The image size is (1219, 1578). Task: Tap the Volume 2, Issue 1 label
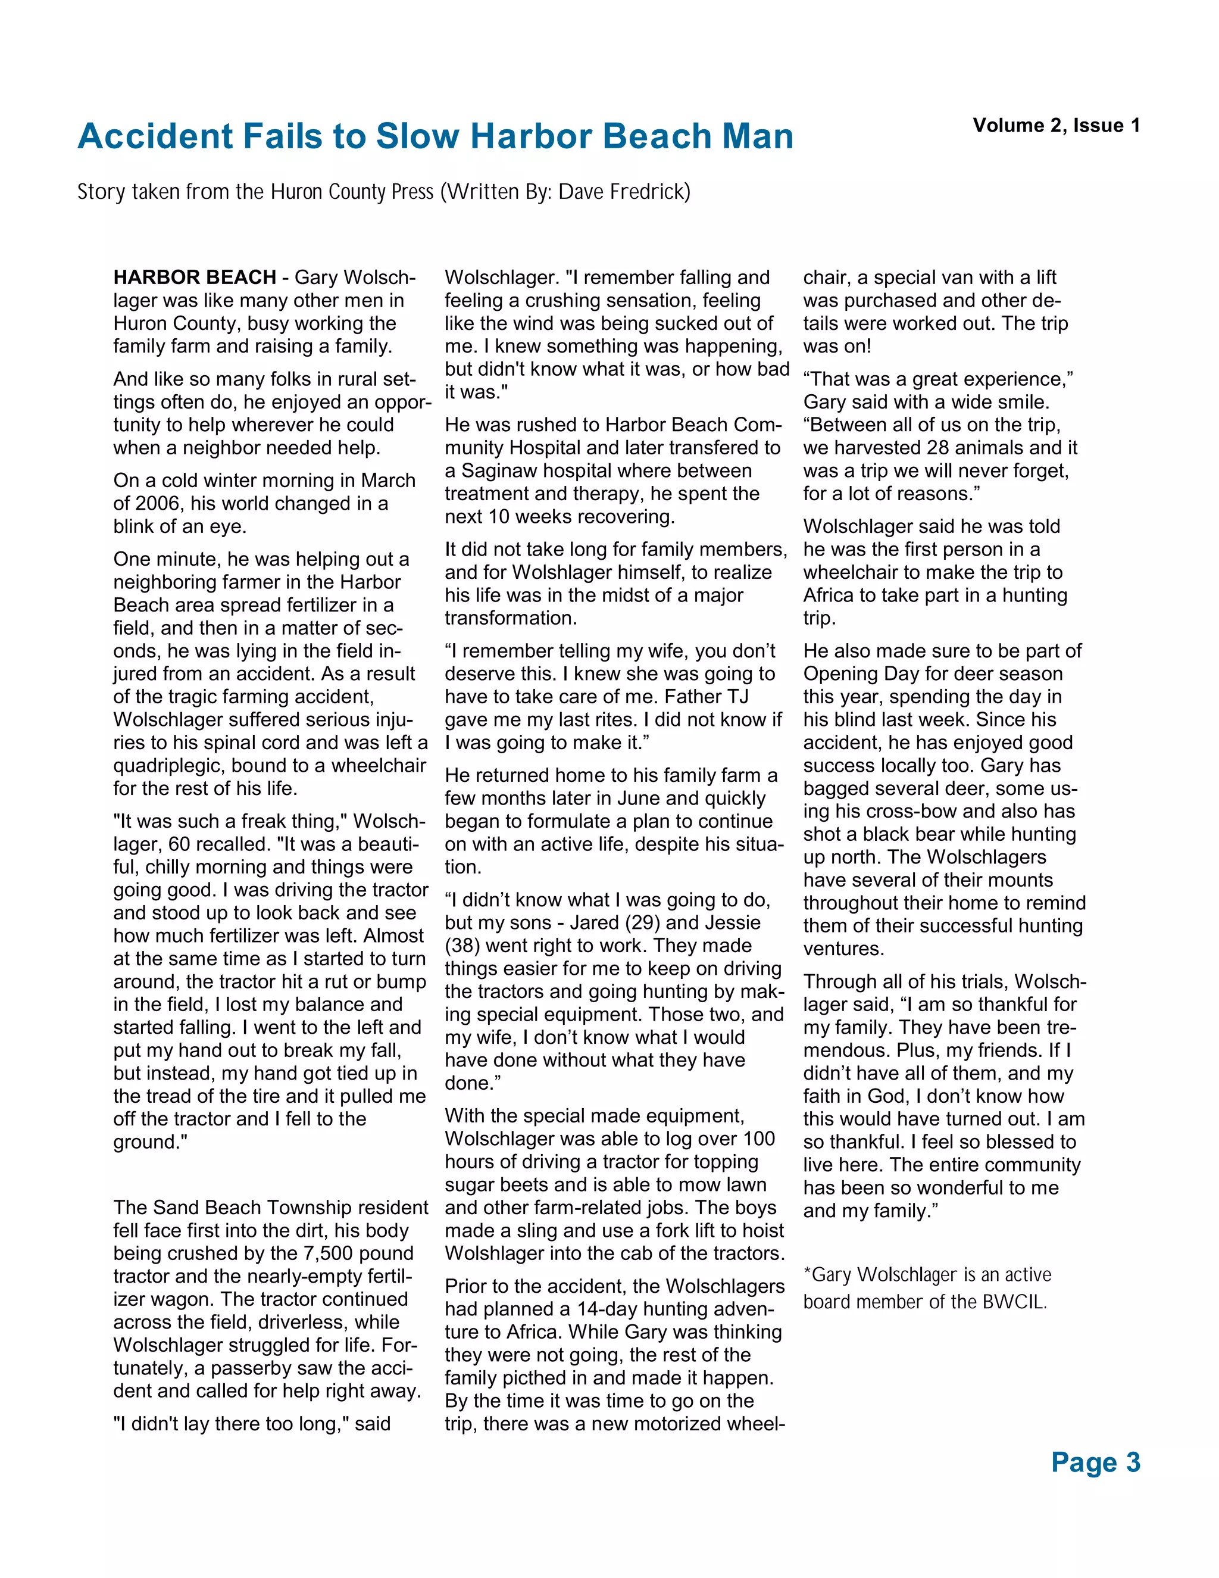(1056, 126)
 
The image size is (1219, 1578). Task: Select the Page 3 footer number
(1095, 1462)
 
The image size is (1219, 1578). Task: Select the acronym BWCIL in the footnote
(1012, 1302)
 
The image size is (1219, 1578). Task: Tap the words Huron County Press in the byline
(352, 192)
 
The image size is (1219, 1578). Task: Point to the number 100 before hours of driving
(758, 1139)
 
